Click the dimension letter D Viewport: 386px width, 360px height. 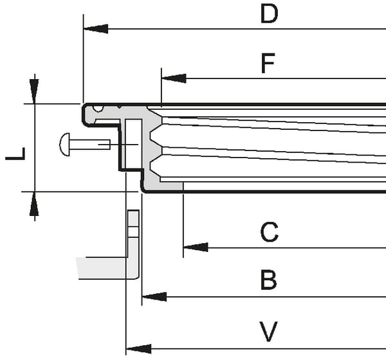(270, 14)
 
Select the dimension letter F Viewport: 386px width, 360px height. (268, 63)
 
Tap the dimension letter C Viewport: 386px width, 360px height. (270, 232)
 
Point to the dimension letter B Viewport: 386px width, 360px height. (268, 280)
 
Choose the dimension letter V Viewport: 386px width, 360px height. (268, 331)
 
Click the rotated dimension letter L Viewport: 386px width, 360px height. (15, 154)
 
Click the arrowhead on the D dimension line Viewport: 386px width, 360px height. (96, 29)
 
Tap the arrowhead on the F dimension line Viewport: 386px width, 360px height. (174, 78)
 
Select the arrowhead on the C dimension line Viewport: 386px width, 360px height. (196, 247)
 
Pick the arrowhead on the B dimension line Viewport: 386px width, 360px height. (154, 297)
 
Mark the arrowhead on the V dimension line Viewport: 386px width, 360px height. (138, 349)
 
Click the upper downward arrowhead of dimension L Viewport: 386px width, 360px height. (35, 91)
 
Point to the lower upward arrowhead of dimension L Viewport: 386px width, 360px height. (35, 204)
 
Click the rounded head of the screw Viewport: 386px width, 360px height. (64, 145)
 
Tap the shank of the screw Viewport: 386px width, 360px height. (90, 145)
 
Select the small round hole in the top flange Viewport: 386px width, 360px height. (98, 108)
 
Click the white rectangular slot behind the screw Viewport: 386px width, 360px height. (134, 144)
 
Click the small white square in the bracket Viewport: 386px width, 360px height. (133, 232)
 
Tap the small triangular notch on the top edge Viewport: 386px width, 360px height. (120, 107)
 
